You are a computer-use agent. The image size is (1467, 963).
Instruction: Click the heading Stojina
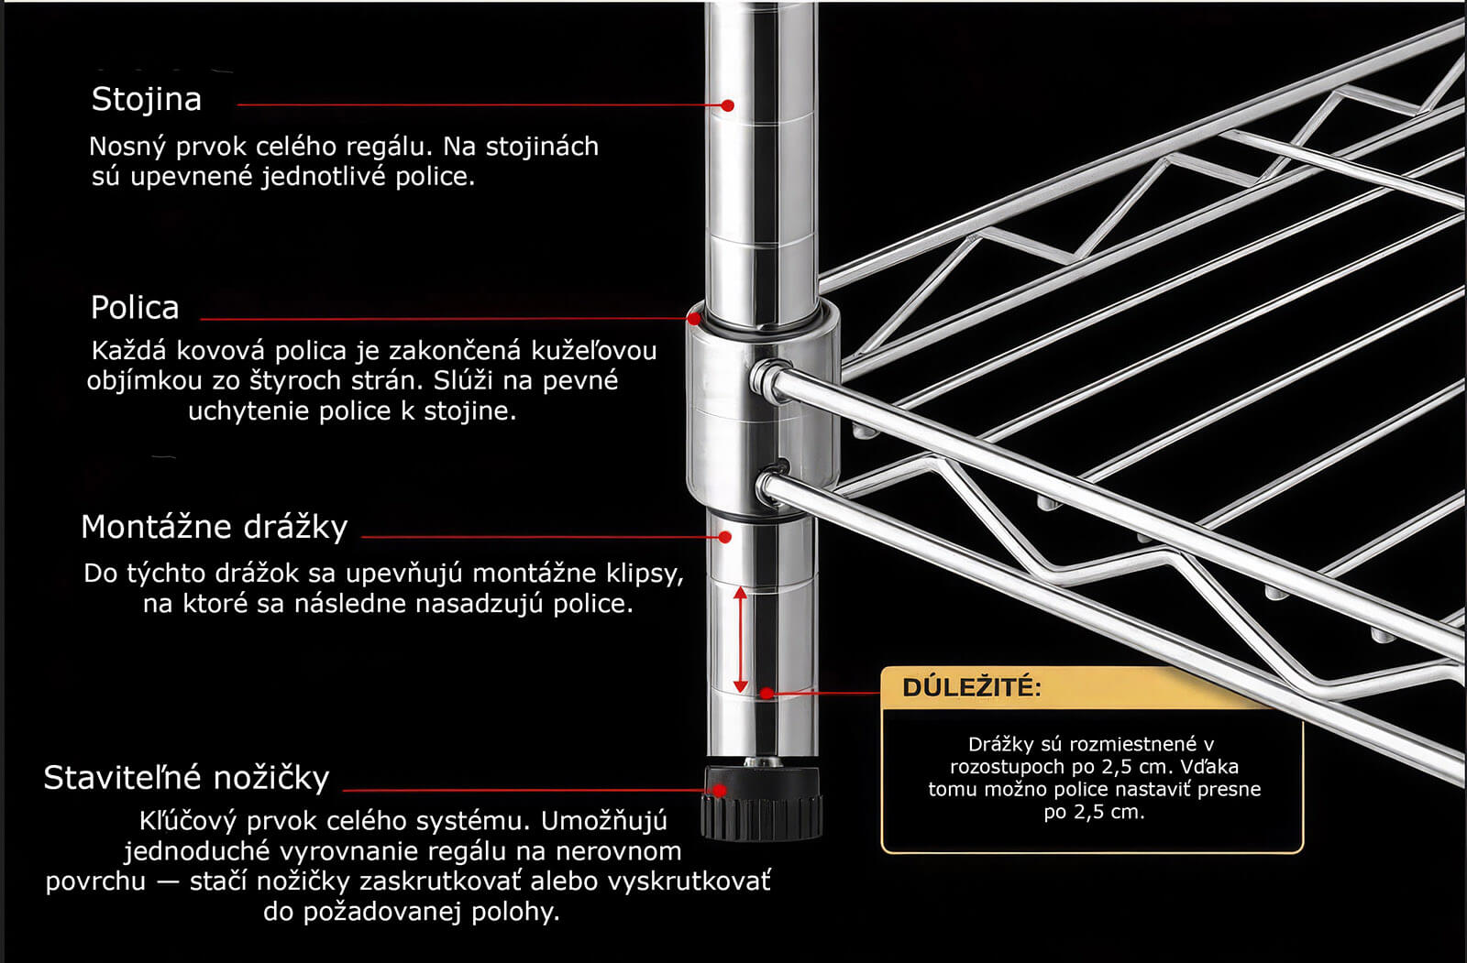click(146, 100)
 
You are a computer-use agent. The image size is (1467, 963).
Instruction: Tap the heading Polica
click(135, 308)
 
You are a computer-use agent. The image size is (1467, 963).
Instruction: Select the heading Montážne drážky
click(215, 527)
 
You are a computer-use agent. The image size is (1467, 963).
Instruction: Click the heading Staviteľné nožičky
click(187, 779)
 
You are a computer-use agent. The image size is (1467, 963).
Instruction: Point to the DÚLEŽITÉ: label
click(972, 687)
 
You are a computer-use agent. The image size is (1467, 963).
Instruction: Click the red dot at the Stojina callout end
click(728, 104)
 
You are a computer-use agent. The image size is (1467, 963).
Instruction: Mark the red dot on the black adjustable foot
click(719, 790)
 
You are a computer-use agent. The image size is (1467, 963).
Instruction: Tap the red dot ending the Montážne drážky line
click(724, 537)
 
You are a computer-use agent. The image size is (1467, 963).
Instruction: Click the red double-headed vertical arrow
click(740, 640)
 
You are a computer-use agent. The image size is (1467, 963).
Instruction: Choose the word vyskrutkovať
click(689, 881)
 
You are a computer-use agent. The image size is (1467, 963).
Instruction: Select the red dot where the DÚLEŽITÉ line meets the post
click(767, 693)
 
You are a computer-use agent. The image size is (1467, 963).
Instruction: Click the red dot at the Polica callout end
click(693, 318)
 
